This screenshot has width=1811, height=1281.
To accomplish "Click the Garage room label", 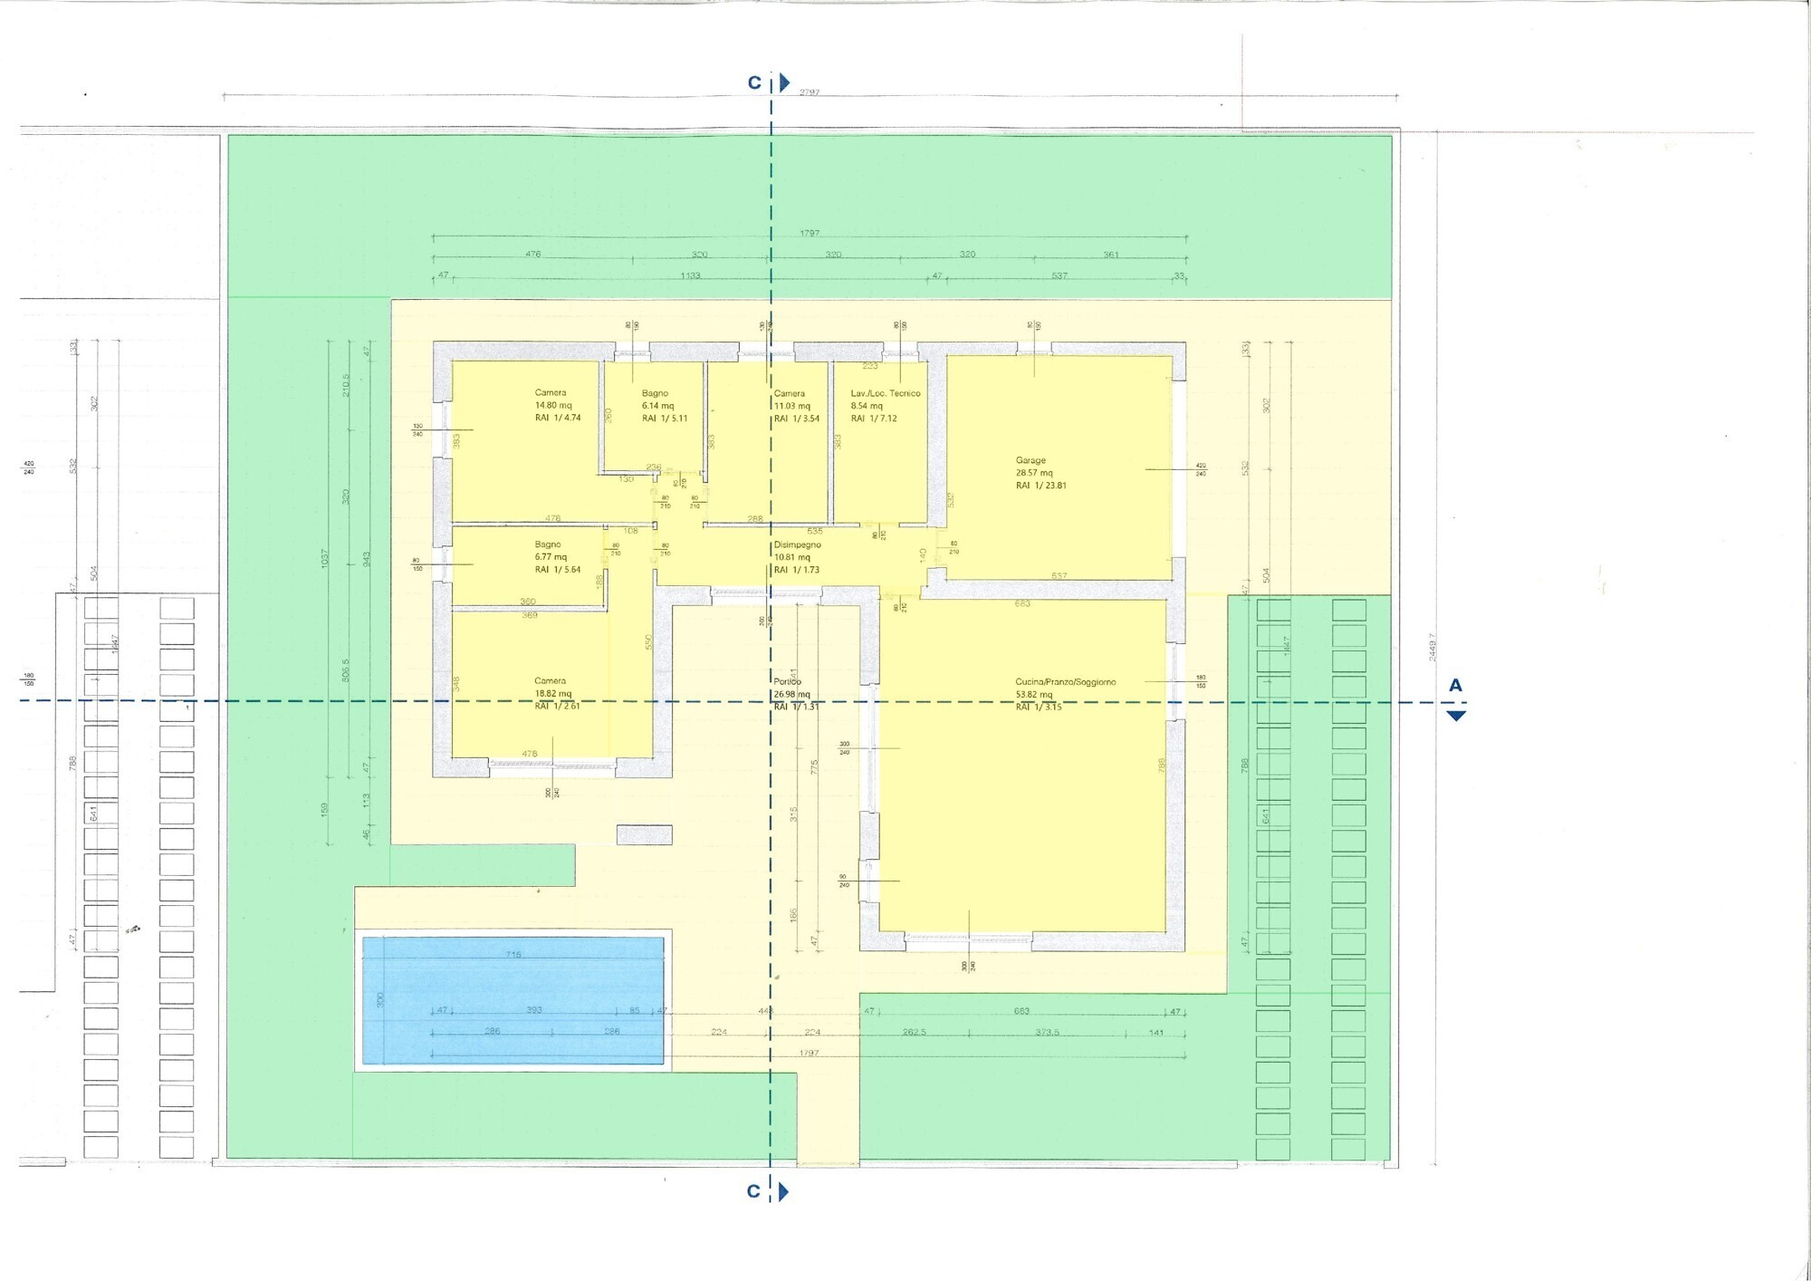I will click(1030, 460).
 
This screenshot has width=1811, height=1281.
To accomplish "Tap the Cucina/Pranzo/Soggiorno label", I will click(1065, 682).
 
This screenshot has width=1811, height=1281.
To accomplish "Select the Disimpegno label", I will click(797, 544).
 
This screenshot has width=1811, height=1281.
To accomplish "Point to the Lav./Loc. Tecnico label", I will click(885, 393).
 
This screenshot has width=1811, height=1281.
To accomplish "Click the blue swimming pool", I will click(513, 1000).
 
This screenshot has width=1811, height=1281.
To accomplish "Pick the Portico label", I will click(787, 682).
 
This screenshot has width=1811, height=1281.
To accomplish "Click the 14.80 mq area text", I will click(553, 406).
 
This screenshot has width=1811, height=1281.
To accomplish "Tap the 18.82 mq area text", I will click(553, 694).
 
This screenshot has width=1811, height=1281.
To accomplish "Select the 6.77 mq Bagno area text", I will click(551, 557).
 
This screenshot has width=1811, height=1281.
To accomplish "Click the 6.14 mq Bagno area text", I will click(658, 406).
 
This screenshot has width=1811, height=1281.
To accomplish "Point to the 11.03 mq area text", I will click(792, 406).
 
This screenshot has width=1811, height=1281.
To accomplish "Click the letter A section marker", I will click(1455, 686).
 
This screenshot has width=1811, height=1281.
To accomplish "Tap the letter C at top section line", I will click(754, 83).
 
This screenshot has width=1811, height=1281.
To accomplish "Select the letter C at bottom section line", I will click(753, 1191).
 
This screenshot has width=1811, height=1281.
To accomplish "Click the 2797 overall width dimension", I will click(810, 92).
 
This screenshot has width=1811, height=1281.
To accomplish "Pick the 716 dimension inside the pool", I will click(513, 954).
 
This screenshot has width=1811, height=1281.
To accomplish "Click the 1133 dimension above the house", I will click(690, 275).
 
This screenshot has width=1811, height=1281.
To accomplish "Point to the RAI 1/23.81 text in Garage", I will click(1040, 486).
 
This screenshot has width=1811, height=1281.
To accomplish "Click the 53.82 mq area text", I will click(1034, 695).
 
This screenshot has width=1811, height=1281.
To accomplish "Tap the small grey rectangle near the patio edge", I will click(644, 834).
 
